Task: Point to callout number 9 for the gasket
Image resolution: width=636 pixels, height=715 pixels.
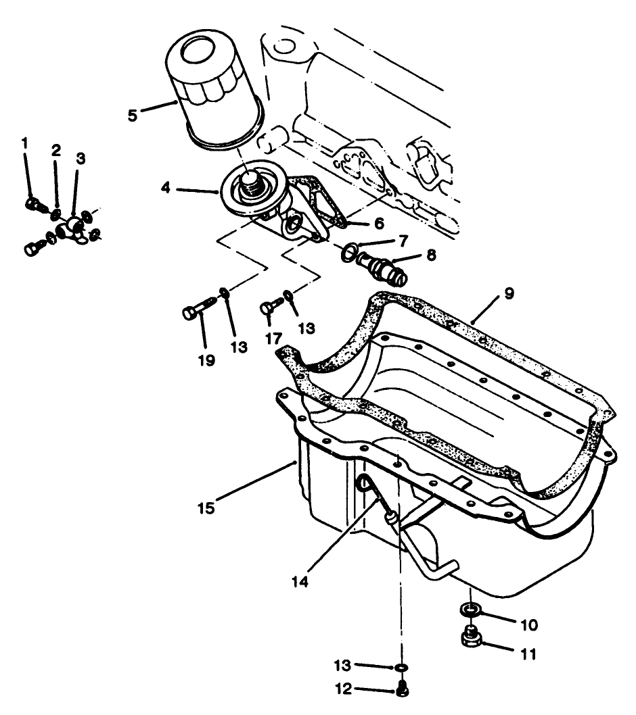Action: pos(509,293)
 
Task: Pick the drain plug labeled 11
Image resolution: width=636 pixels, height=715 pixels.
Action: pos(470,637)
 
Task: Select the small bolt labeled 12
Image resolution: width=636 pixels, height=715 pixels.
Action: pos(402,690)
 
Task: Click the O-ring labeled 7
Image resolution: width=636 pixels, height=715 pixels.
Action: pos(349,252)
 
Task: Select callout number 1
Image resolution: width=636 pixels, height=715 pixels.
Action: pos(25,143)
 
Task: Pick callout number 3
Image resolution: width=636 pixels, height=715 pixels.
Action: pos(81,158)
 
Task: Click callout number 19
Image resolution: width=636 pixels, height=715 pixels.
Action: pos(206,360)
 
